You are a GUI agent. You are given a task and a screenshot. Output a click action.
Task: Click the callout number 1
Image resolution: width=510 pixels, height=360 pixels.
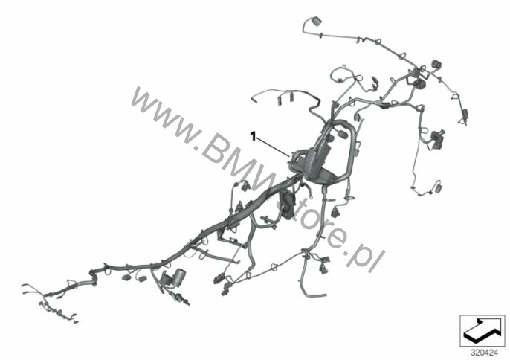(254, 137)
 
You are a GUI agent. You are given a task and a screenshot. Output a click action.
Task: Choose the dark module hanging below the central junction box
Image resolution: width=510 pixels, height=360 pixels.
(286, 212)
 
